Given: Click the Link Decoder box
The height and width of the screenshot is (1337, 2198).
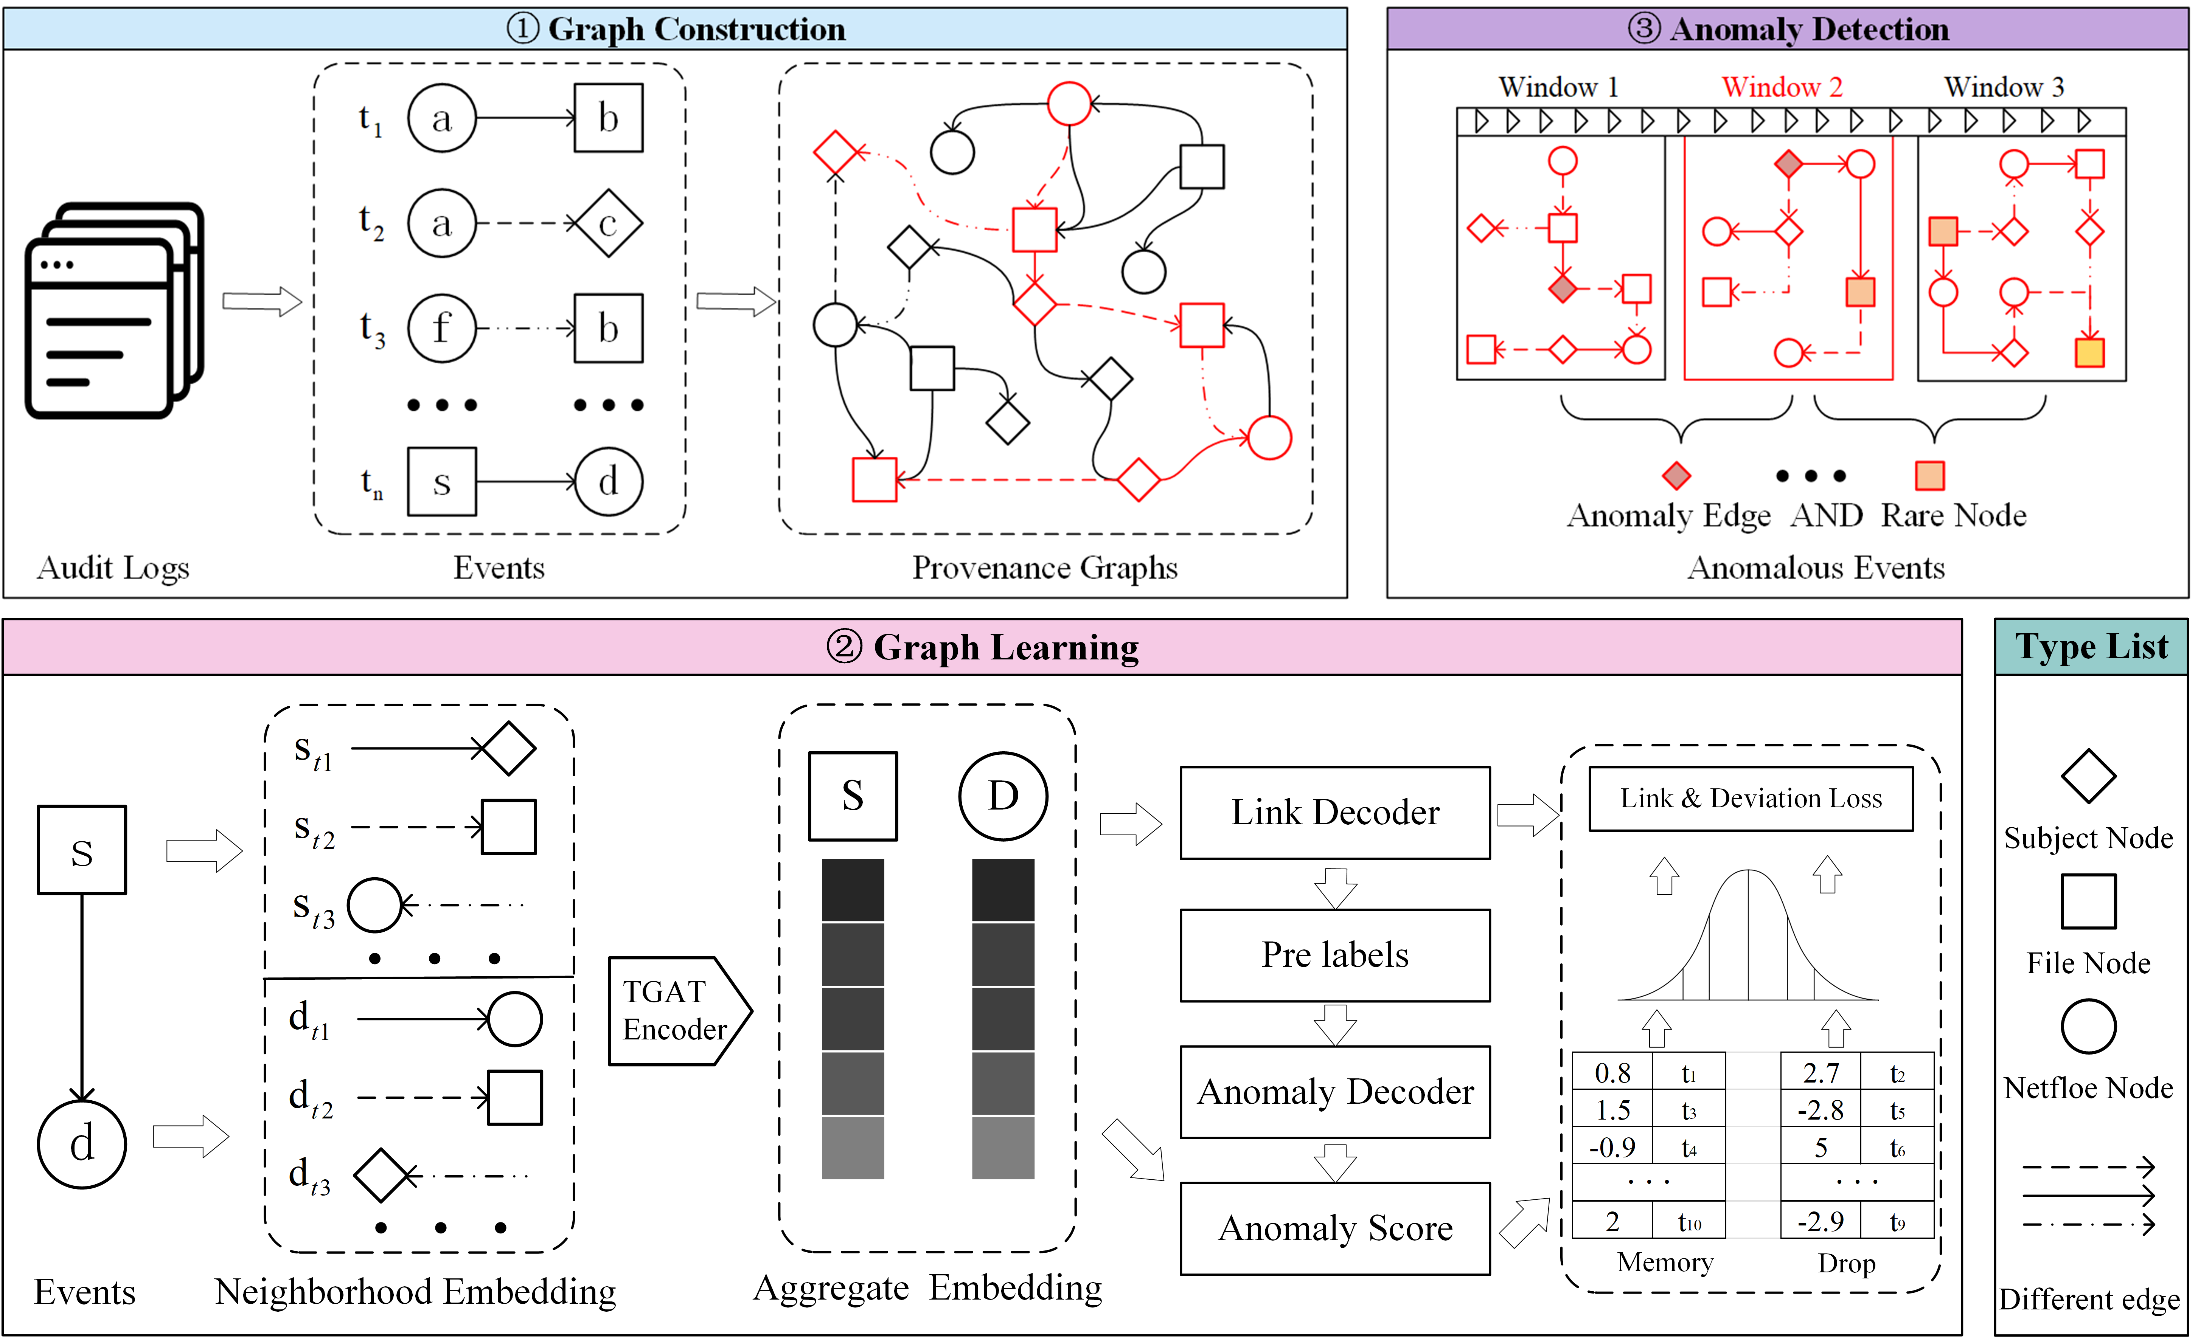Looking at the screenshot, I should point(1334,813).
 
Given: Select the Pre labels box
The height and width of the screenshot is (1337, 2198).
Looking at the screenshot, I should point(1334,955).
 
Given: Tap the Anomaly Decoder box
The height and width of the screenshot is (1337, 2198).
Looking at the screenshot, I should point(1334,1092).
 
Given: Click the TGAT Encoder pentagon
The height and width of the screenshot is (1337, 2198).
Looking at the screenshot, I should point(675,1011).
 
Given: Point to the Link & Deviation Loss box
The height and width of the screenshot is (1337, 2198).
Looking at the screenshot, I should point(1750,798).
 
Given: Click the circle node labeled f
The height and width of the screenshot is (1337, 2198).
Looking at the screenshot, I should point(441,328).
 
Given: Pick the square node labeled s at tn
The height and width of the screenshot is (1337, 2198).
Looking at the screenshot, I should point(441,482).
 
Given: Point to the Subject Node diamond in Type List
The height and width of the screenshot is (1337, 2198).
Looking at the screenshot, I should point(2088,776).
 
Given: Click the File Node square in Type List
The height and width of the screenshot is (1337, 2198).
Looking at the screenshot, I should point(2088,901).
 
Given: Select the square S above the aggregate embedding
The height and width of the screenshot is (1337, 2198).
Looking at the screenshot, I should point(853,796).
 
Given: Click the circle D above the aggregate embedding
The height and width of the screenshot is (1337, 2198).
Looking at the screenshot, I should point(1003,796).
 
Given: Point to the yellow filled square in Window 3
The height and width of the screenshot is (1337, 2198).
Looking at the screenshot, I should point(2089,352).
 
